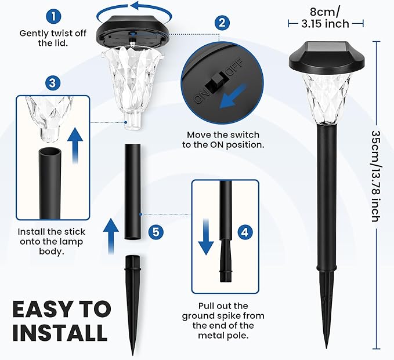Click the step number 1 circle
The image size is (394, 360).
click(x=53, y=17)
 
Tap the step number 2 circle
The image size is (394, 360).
click(x=222, y=23)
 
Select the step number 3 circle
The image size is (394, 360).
click(x=53, y=83)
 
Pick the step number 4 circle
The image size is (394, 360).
click(x=245, y=232)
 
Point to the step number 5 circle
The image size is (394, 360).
click(x=156, y=231)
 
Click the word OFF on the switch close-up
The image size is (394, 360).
click(x=235, y=67)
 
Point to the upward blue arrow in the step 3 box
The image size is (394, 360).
click(x=75, y=145)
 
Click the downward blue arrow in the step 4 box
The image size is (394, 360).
click(x=206, y=237)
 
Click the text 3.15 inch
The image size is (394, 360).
click(x=326, y=24)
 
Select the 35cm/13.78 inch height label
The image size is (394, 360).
click(x=377, y=176)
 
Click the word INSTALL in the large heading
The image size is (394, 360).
click(x=60, y=333)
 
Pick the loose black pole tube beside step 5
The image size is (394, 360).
click(x=132, y=191)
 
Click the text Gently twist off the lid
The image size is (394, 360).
click(x=53, y=38)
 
